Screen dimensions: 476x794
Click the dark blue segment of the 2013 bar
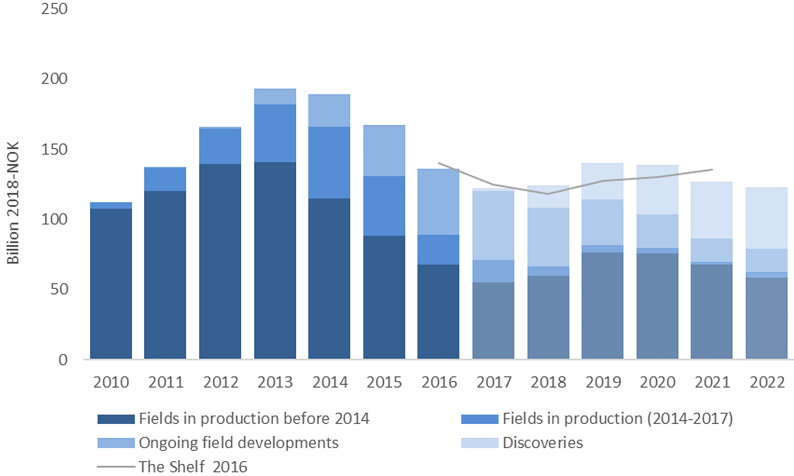point(275,260)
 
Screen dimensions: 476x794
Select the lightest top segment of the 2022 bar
point(766,218)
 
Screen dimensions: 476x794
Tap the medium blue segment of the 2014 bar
point(329,162)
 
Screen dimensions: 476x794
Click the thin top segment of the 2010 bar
point(111,205)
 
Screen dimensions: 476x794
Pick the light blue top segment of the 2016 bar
point(438,202)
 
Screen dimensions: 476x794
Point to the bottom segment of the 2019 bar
point(602,305)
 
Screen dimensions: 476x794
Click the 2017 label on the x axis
point(494,382)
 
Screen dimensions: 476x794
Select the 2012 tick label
point(220,382)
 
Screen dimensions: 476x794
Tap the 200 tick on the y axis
point(54,79)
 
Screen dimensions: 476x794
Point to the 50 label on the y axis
point(59,289)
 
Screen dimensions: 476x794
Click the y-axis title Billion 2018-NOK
point(13,202)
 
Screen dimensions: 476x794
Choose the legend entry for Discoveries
point(542,443)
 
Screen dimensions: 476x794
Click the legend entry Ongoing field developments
point(238,443)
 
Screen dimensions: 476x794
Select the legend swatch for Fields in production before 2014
point(116,419)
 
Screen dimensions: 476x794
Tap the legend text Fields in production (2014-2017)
point(617,419)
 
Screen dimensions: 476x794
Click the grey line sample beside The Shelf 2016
point(116,467)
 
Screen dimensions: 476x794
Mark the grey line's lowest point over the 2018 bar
point(548,193)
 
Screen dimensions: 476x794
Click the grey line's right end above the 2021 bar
point(712,169)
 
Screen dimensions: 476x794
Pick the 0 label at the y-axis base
point(63,360)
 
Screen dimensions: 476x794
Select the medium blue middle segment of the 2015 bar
point(384,206)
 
